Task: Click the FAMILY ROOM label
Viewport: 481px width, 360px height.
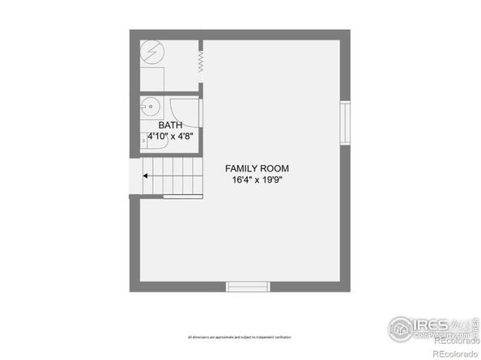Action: [x=257, y=168]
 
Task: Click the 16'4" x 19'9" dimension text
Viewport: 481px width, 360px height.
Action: [x=257, y=180]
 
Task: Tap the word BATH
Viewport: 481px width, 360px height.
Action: [x=170, y=125]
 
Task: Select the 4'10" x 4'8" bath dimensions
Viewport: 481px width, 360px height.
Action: [x=170, y=137]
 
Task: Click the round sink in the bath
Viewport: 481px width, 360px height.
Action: [x=151, y=106]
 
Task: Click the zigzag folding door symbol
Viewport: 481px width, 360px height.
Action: [x=199, y=61]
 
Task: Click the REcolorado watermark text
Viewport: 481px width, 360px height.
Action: [x=454, y=353]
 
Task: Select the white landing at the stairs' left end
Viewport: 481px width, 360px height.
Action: [x=134, y=175]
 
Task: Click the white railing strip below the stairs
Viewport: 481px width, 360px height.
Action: [x=182, y=196]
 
